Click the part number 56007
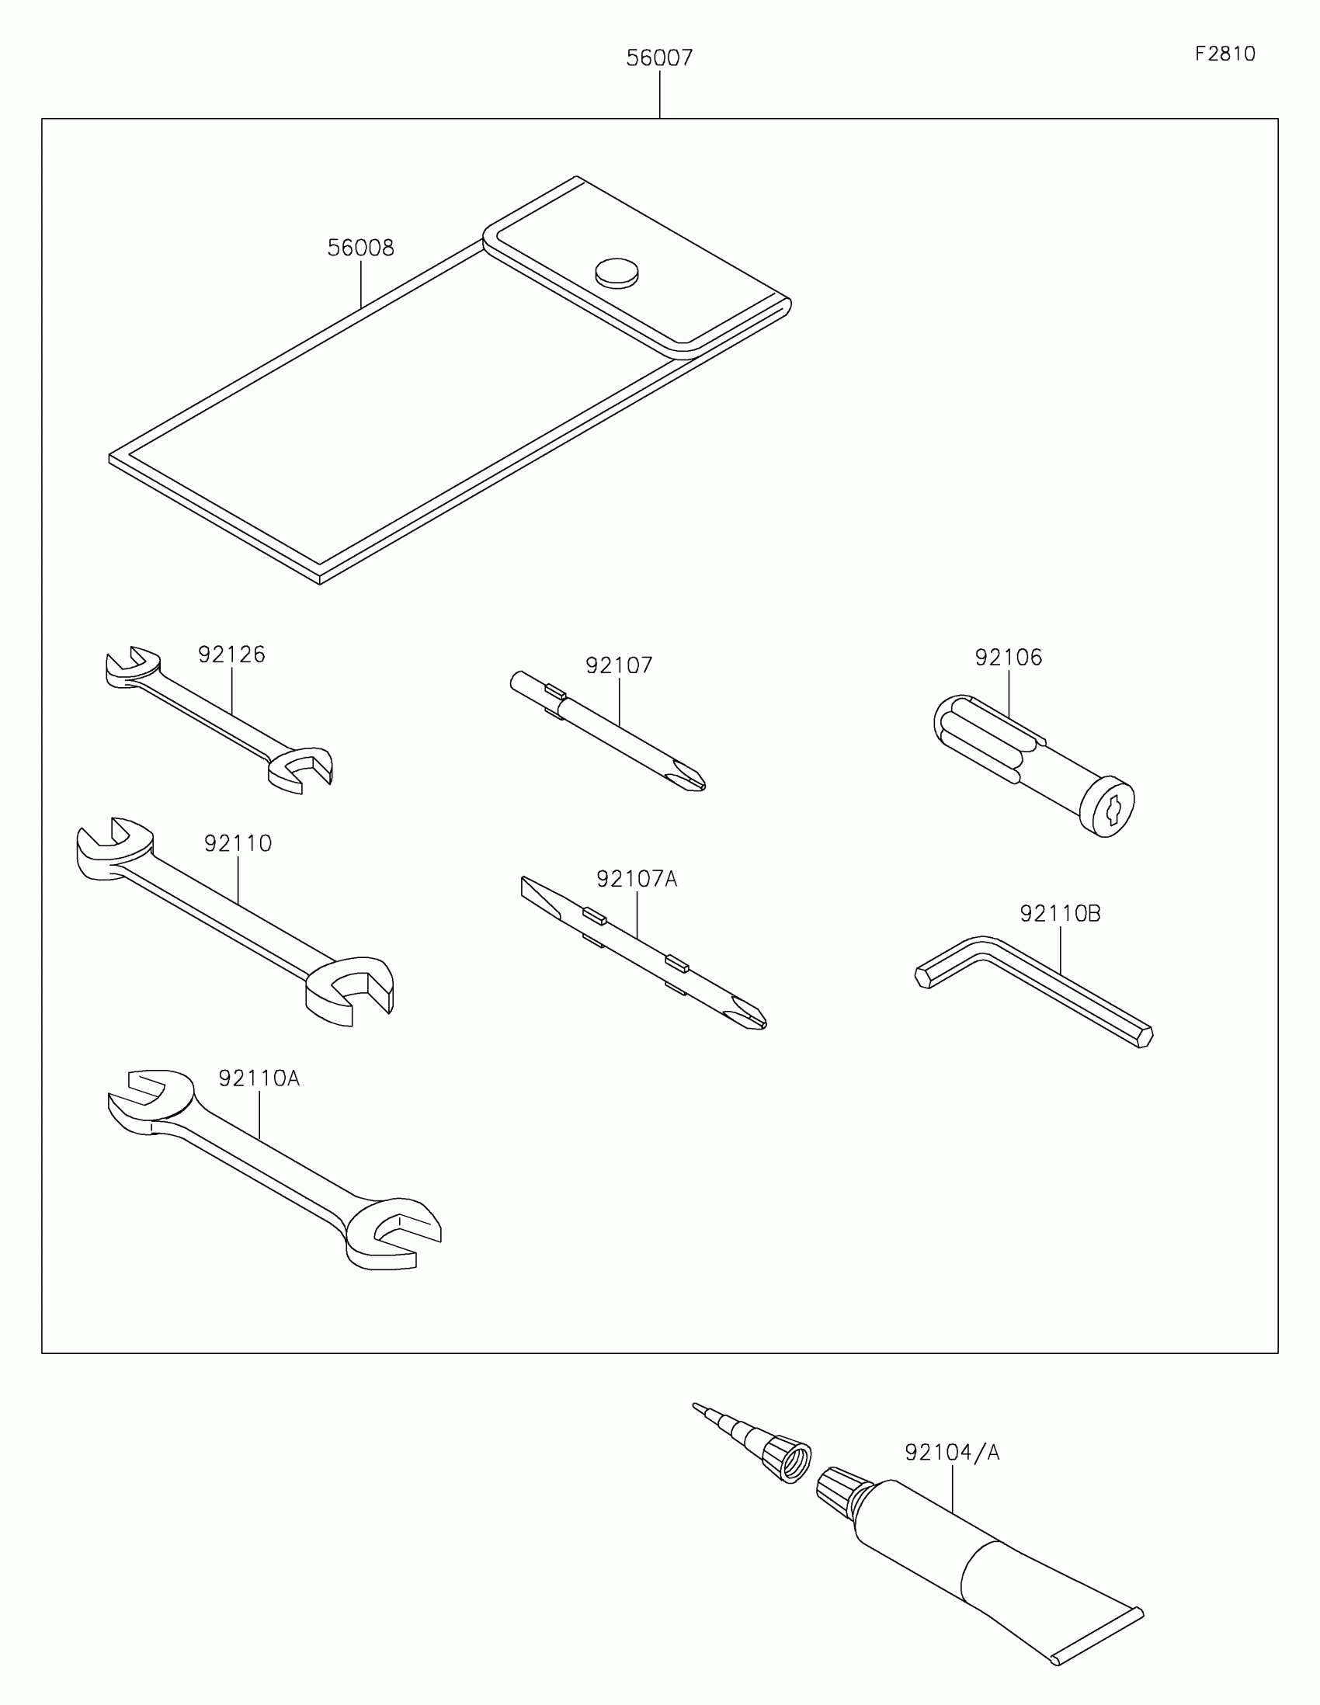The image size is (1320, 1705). [658, 57]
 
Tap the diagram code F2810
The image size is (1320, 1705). [1224, 54]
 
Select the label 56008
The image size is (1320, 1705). [360, 248]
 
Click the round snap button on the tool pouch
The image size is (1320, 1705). [617, 273]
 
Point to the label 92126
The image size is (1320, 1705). [232, 655]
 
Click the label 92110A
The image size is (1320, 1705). [259, 1078]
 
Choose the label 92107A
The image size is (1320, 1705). [637, 879]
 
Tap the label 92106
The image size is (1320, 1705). [1009, 658]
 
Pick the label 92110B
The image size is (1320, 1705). [1060, 913]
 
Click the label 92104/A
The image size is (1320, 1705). [952, 1452]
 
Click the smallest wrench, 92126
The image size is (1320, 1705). [218, 718]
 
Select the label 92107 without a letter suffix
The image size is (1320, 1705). [619, 665]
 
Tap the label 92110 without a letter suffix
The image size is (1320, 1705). [238, 843]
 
